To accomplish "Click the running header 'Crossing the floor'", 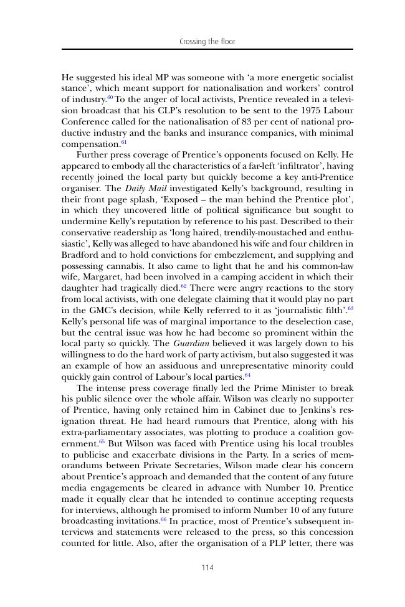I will [x=207, y=42].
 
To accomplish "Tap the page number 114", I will [x=207, y=567].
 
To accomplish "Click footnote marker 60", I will [x=110, y=98].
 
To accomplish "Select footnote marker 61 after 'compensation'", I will [x=124, y=143].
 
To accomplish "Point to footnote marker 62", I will [x=184, y=286].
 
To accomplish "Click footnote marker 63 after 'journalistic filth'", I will [x=350, y=298].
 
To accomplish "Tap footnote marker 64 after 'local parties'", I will [x=247, y=375].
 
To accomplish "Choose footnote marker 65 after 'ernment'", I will [x=102, y=442].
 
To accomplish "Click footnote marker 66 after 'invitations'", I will [x=164, y=519].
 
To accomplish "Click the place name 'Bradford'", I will [x=82, y=255].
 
